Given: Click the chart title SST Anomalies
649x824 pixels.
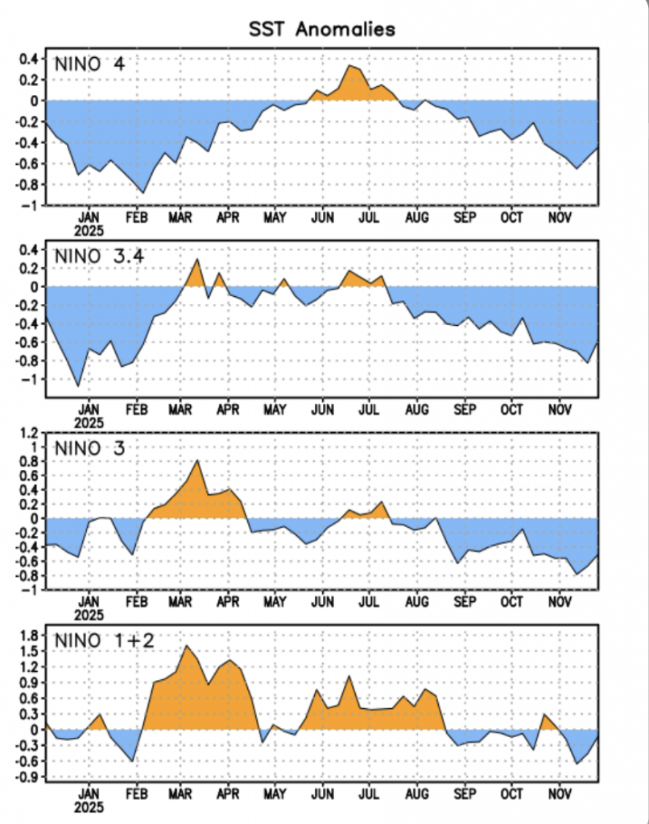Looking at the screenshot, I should tap(321, 30).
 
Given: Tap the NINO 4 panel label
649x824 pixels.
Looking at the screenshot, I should tap(89, 64).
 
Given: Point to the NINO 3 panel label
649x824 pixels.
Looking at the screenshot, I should tap(89, 447).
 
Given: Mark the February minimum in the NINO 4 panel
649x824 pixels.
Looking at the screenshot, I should tap(143, 193).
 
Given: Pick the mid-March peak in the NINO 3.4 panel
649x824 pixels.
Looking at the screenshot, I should tap(197, 259).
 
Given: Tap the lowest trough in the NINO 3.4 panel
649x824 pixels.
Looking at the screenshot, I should tap(78, 386).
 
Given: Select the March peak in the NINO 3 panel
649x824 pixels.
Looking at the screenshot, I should tap(197, 459).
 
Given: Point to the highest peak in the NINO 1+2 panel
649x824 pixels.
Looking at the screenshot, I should tap(187, 645).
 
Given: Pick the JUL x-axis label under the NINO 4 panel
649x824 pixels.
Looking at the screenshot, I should tap(370, 217).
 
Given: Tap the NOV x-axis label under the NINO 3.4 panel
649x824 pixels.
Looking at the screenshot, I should tap(559, 410).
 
